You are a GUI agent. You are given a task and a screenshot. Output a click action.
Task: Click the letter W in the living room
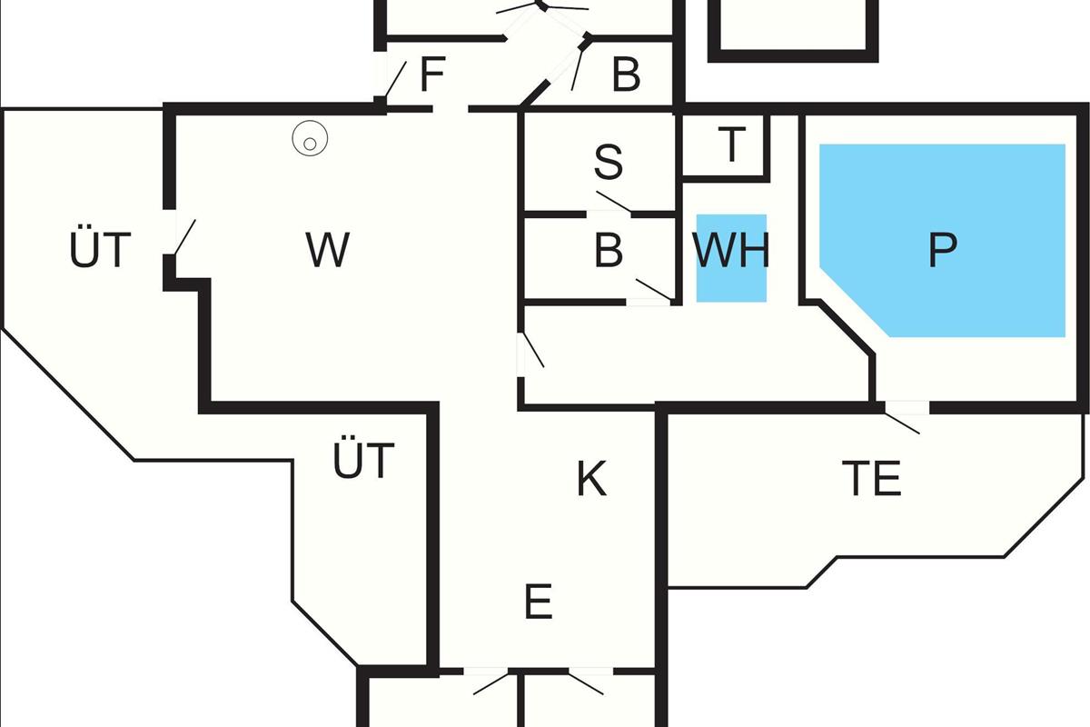point(327,250)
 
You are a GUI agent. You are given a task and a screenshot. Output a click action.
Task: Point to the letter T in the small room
point(731,144)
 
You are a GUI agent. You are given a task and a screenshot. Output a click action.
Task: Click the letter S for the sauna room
point(609,162)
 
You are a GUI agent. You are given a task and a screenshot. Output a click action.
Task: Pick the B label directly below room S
point(609,250)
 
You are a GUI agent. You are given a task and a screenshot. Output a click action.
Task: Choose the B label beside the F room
point(626,75)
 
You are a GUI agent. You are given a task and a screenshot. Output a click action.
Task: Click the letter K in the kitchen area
point(591,479)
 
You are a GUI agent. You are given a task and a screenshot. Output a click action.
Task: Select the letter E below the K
point(539,602)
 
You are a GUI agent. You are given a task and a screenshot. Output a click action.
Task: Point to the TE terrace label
point(871,479)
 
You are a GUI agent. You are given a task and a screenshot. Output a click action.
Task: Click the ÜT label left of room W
point(101,250)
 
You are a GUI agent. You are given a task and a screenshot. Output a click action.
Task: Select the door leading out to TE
point(905,420)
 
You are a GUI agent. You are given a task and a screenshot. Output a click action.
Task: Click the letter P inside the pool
point(943,250)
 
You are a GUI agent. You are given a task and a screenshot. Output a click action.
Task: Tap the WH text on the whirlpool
point(731,250)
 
